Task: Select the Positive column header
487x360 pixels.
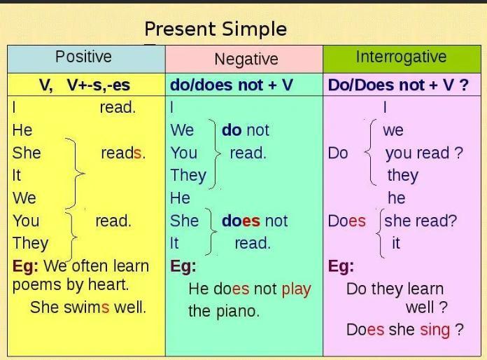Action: [x=83, y=57]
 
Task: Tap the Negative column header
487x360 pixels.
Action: [x=246, y=60]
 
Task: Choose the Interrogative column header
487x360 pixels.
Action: [x=401, y=57]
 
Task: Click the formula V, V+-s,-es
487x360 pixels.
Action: [x=84, y=85]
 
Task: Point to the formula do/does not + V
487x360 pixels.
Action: [x=232, y=85]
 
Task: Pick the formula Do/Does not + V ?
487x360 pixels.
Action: [x=398, y=85]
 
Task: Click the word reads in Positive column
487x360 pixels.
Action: [x=123, y=153]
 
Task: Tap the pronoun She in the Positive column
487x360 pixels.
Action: [x=27, y=153]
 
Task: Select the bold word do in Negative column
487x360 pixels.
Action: [x=232, y=130]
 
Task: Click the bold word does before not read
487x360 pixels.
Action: [x=241, y=221]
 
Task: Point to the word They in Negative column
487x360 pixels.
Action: [x=188, y=176]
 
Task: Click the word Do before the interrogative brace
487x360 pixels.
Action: [x=338, y=153]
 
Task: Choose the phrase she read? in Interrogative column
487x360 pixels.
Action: [x=421, y=221]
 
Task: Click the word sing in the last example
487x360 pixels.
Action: [x=435, y=331]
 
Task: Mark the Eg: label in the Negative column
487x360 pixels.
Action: [x=183, y=267]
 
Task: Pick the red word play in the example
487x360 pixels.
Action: [x=296, y=290]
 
